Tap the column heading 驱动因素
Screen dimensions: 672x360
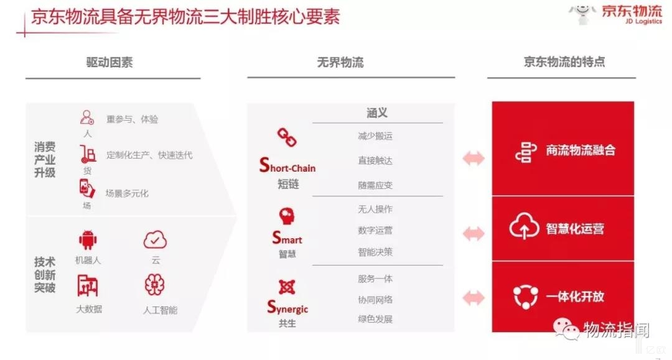click(110, 63)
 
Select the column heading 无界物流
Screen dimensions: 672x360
click(340, 63)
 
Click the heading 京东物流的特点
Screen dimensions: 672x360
click(564, 62)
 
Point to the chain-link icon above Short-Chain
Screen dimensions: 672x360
click(287, 137)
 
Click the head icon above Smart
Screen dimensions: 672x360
click(287, 216)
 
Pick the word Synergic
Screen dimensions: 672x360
click(287, 307)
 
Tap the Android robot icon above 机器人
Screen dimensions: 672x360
click(88, 240)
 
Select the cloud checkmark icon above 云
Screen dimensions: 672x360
click(155, 240)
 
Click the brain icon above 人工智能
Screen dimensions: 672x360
click(155, 285)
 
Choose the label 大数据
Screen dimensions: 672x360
click(89, 309)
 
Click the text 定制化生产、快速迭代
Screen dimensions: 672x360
click(149, 155)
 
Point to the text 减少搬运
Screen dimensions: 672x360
click(375, 136)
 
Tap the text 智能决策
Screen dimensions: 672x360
click(375, 252)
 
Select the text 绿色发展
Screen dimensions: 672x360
click(375, 319)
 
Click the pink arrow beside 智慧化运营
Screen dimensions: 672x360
click(474, 234)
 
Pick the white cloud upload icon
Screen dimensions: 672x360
click(524, 226)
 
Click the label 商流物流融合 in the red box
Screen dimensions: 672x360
click(581, 150)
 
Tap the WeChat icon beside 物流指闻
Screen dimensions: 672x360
click(566, 329)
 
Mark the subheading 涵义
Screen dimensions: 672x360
click(377, 113)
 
